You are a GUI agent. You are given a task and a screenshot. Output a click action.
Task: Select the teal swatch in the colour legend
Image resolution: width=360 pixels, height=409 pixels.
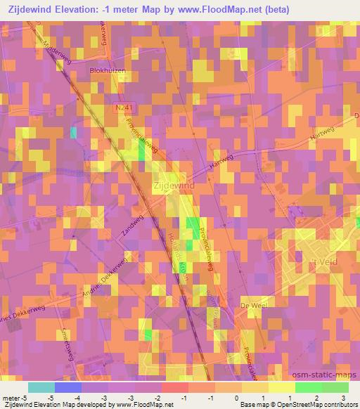pos(41,387)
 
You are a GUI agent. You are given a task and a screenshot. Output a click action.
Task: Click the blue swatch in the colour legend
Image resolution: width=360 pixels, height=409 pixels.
pos(67,387)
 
